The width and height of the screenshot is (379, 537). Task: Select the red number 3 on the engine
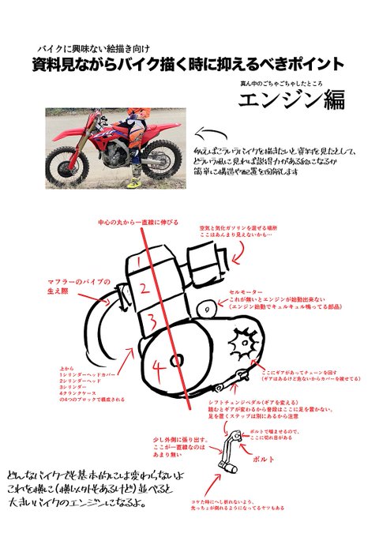[x=150, y=320]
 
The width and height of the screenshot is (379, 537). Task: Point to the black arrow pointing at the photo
[x=211, y=133]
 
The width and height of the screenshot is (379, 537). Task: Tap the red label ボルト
[x=263, y=457]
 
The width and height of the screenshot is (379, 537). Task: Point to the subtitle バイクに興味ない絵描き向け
[x=103, y=48]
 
